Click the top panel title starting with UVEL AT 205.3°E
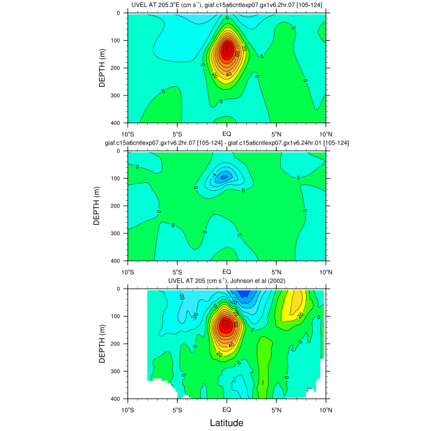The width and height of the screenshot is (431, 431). (x=226, y=6)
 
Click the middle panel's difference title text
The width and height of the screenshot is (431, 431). (x=227, y=143)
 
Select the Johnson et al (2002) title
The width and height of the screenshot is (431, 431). (x=226, y=281)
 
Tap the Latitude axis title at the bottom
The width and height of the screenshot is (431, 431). (x=226, y=423)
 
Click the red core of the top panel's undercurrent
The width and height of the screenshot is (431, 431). (x=227, y=49)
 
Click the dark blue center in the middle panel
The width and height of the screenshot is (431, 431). (x=225, y=177)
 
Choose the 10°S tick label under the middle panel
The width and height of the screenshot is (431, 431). (x=128, y=272)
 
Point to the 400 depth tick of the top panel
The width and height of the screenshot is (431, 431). (x=119, y=123)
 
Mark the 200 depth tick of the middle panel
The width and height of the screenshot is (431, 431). (x=119, y=206)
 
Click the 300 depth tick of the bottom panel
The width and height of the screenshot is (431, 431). (x=119, y=371)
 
